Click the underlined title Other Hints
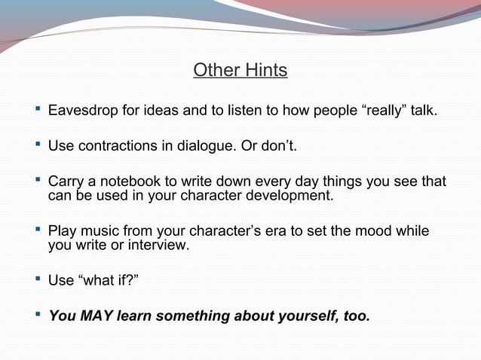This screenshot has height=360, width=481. click(240, 71)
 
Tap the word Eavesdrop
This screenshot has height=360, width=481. click(83, 112)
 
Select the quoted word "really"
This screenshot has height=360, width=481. click(387, 112)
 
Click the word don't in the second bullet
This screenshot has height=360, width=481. click(278, 145)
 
